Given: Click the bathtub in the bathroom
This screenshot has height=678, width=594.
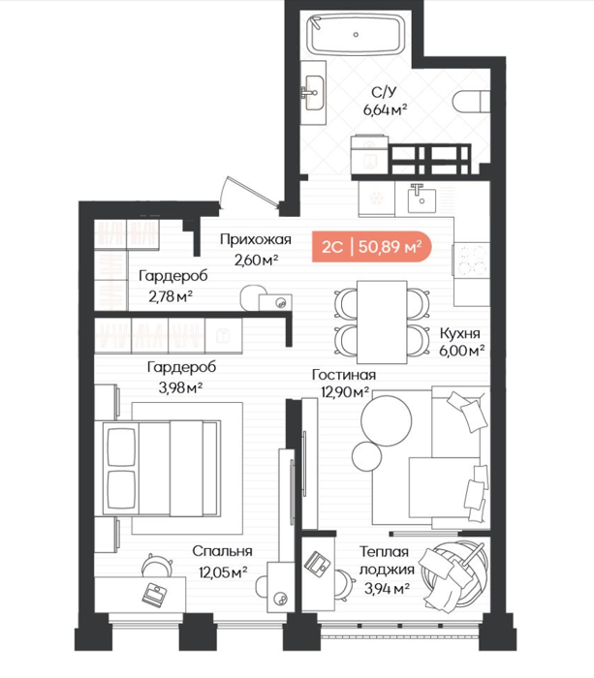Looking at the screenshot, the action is [356, 35].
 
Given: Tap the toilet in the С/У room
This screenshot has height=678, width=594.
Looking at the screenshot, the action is [471, 103].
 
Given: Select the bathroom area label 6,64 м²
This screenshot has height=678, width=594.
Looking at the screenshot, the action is [385, 109].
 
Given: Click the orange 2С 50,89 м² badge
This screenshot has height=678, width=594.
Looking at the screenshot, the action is [372, 247].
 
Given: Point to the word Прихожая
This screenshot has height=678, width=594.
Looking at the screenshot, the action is [255, 239].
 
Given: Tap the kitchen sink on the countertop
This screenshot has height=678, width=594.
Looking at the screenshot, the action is [422, 199].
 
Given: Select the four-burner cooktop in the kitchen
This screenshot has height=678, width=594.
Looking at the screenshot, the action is [472, 261].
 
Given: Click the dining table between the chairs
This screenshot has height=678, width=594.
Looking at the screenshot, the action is [382, 323].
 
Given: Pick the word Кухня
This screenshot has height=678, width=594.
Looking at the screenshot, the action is [459, 333].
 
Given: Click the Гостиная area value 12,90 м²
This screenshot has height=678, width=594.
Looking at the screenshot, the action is [345, 391].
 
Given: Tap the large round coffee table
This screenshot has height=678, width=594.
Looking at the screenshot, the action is [387, 420].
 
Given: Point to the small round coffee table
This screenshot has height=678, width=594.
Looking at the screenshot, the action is [367, 457].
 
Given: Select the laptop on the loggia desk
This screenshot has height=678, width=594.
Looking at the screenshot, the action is [318, 563].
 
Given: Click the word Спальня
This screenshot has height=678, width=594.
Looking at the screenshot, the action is [222, 551].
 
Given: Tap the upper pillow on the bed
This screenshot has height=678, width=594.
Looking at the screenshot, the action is [121, 447].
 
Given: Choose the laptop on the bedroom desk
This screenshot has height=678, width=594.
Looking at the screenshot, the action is [155, 595].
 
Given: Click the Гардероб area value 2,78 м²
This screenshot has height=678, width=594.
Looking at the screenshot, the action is [171, 296].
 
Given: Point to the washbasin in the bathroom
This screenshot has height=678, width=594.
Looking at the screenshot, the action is [313, 93].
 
